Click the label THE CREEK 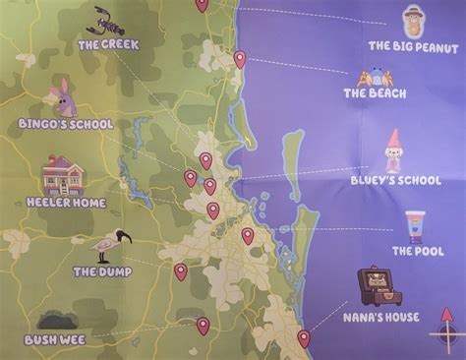coord(108,44)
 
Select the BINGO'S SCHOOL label coord(66,124)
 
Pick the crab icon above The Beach coord(375,77)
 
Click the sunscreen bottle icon coord(414,228)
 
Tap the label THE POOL coord(418,251)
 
